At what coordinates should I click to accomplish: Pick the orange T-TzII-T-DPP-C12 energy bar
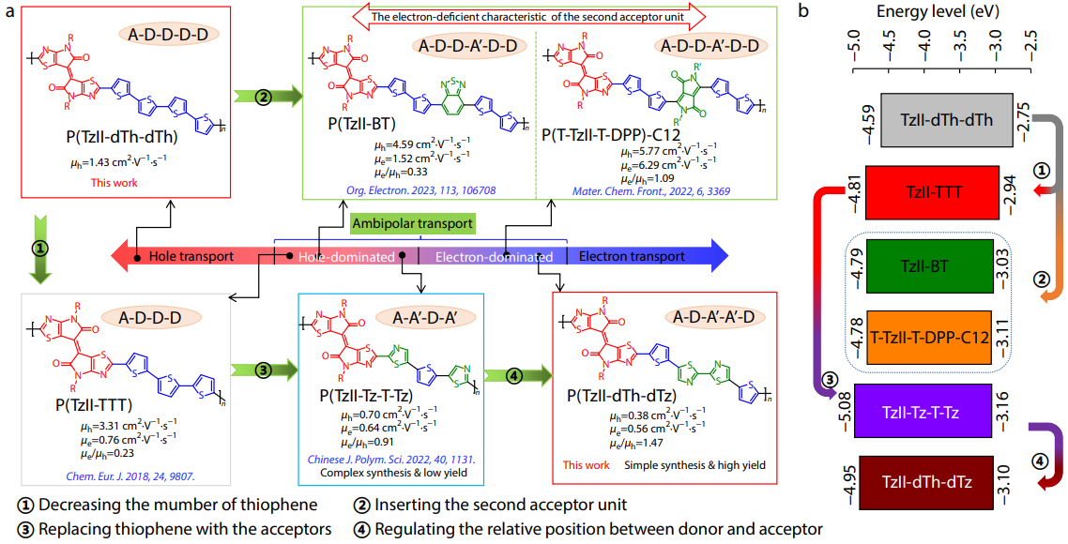(x=930, y=336)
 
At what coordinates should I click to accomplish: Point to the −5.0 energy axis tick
(x=855, y=47)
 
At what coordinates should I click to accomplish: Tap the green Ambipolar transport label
(x=411, y=224)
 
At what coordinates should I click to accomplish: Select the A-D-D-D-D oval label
(x=169, y=34)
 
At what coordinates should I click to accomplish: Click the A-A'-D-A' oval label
(x=421, y=318)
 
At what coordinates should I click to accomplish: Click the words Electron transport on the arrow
(x=631, y=256)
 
